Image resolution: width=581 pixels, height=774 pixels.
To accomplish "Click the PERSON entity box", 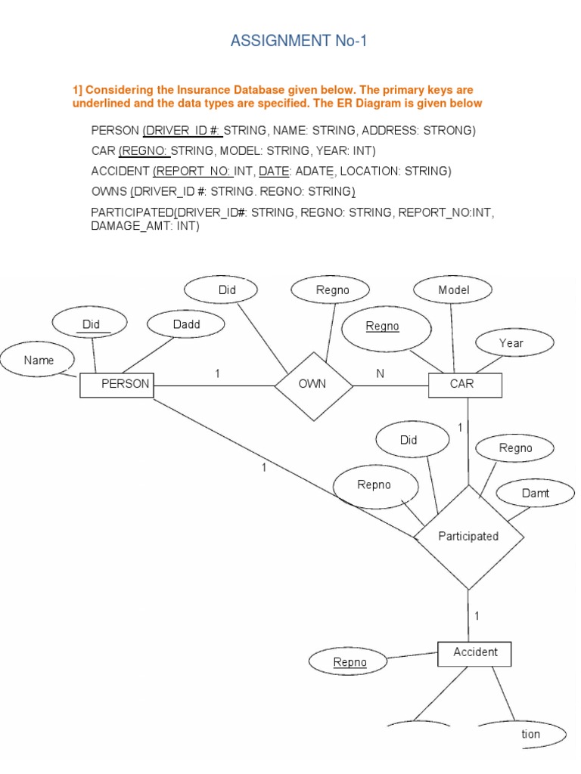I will tap(117, 385).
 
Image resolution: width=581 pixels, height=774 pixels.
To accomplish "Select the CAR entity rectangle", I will tap(464, 385).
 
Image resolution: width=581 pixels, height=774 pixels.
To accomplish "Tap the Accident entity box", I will tap(474, 653).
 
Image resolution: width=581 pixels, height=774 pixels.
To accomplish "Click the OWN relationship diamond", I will tap(312, 384).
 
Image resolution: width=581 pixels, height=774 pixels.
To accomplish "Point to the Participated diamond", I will tap(468, 537).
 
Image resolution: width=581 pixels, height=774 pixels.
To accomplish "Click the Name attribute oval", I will tap(39, 361).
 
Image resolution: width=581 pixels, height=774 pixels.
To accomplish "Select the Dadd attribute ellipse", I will tap(187, 325).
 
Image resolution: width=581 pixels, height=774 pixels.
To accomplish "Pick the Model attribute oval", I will tap(453, 290).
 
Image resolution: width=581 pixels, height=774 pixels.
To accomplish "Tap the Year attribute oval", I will tap(511, 343).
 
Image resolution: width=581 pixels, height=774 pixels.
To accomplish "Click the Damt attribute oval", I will tap(535, 494).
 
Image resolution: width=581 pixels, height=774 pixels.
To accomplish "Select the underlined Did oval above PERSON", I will tap(92, 325).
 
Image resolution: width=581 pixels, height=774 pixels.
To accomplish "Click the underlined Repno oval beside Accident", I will tap(350, 663).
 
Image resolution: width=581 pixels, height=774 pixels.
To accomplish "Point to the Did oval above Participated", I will tap(409, 441).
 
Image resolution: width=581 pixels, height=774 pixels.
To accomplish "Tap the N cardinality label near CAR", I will tap(380, 374).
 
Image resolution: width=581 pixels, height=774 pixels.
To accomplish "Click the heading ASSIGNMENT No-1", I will tap(299, 41).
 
